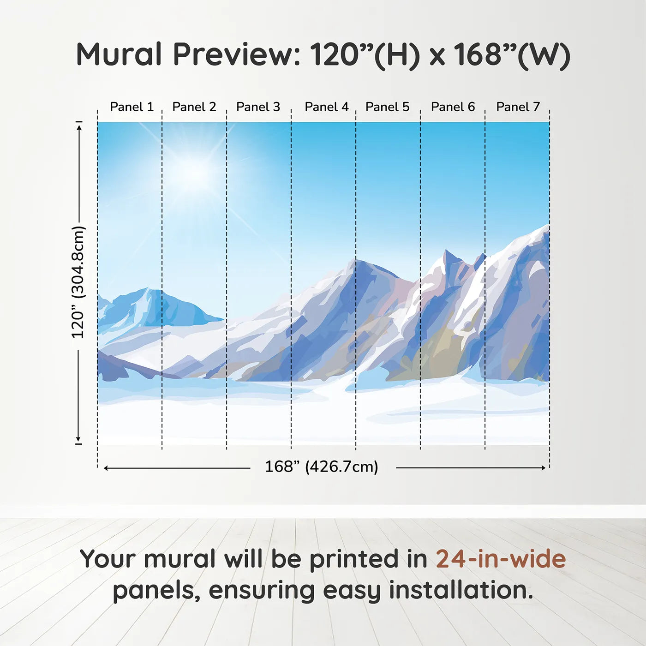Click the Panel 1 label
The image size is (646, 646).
(132, 107)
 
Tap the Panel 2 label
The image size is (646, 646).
(194, 107)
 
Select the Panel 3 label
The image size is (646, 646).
(258, 107)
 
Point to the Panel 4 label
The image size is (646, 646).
(327, 107)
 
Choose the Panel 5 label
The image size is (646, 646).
(388, 107)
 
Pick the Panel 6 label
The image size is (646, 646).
(453, 107)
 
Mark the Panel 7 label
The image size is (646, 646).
(518, 107)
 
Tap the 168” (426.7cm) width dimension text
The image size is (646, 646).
(322, 467)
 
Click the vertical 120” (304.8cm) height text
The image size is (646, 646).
(78, 282)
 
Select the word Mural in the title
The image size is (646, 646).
(120, 54)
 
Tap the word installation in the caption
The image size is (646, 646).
(461, 590)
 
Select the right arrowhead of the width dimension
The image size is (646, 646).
(543, 468)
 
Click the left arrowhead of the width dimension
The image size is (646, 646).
(106, 468)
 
